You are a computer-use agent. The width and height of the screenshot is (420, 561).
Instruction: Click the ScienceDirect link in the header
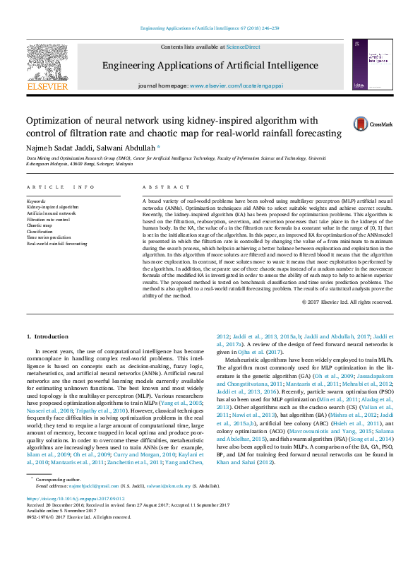243,47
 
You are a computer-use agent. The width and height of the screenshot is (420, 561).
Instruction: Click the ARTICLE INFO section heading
61,187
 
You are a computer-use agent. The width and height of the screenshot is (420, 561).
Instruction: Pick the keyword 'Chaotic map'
40,224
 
